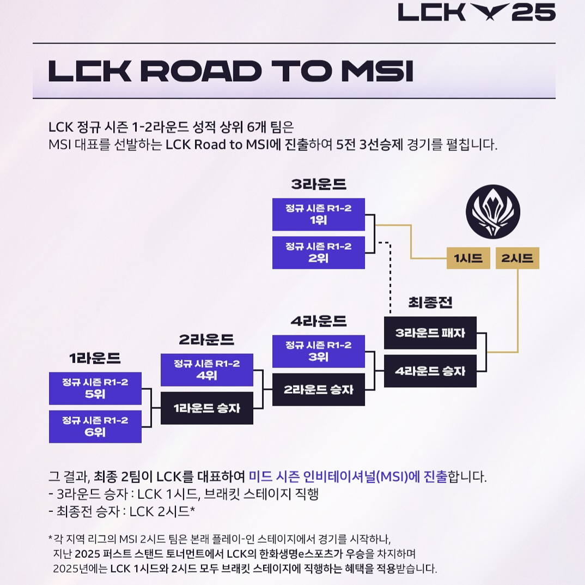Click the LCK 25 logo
(x=477, y=12)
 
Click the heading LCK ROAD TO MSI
(x=230, y=71)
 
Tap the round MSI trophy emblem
(x=493, y=210)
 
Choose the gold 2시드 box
(x=517, y=258)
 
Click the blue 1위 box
(x=319, y=214)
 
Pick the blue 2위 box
(x=319, y=252)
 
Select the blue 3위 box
(x=319, y=352)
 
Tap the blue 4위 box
(x=207, y=370)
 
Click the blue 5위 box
(x=95, y=388)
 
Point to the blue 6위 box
(x=95, y=426)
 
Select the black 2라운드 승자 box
(x=319, y=389)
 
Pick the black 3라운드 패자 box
(x=430, y=333)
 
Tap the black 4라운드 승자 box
(x=430, y=371)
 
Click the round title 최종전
(x=430, y=303)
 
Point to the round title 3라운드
(x=319, y=184)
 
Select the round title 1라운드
(x=95, y=358)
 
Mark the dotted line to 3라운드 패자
(x=390, y=278)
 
